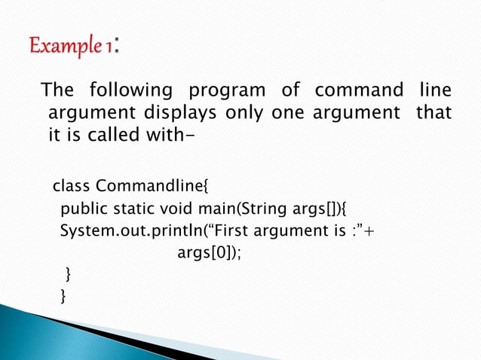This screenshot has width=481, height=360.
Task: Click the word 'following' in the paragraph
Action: coord(131,92)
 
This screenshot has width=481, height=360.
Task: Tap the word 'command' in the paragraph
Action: coord(359,92)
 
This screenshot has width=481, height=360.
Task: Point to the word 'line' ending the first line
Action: coord(434,92)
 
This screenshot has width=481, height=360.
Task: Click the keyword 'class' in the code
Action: coord(72,186)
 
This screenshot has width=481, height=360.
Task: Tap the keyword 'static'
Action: coord(133,208)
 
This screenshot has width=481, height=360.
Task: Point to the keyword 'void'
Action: coord(179,208)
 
